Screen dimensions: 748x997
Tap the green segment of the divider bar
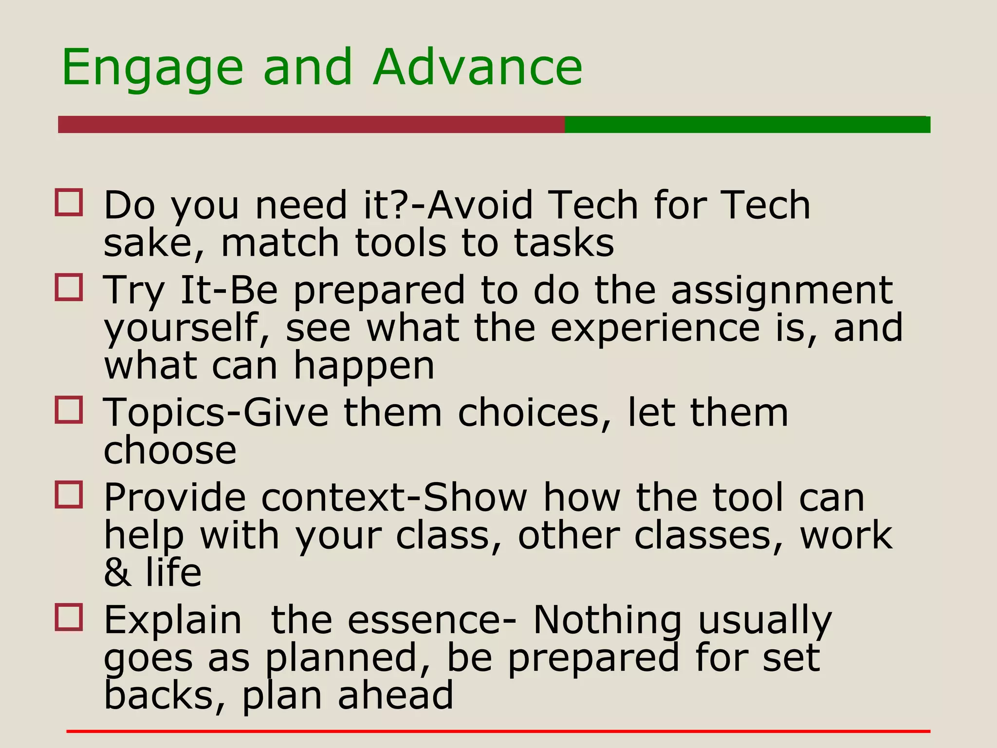(747, 125)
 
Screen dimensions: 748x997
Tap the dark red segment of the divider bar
(312, 125)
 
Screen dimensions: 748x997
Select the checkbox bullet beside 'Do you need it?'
(69, 203)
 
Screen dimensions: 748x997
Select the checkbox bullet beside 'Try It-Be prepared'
(69, 288)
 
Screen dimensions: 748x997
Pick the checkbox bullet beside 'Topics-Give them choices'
(69, 410)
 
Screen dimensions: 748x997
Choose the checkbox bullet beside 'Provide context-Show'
(69, 495)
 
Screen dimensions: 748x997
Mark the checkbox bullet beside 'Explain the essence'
(69, 618)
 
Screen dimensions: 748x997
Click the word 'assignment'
(782, 291)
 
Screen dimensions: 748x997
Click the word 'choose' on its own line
(170, 451)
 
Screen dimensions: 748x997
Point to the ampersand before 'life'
(117, 573)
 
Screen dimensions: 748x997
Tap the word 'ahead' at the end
(395, 695)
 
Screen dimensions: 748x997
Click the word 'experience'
(655, 329)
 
